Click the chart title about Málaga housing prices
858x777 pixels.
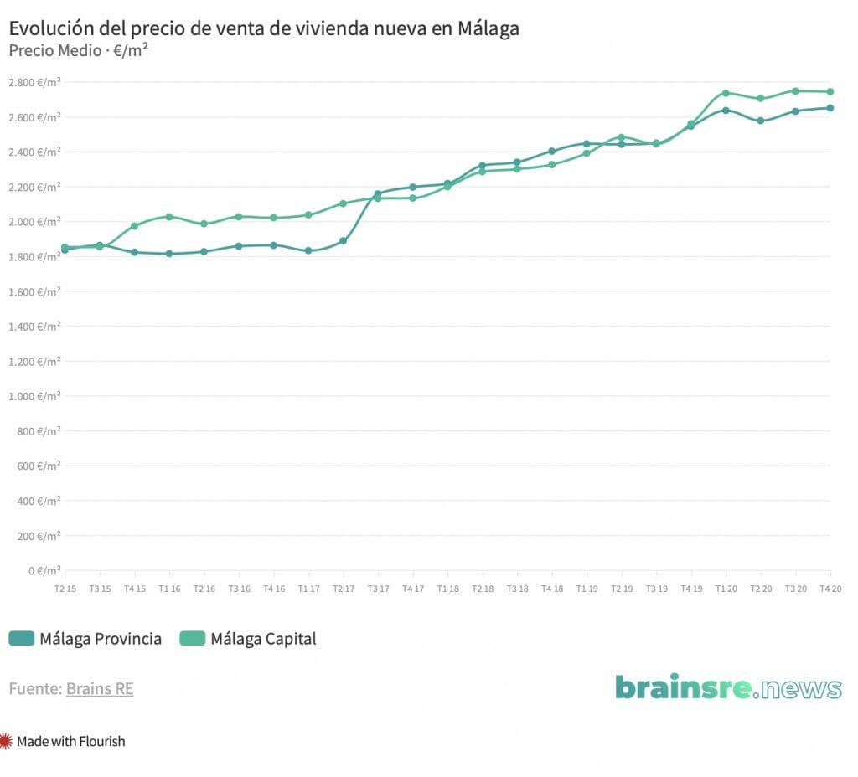click(x=264, y=28)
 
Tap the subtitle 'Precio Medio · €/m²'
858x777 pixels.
click(x=79, y=50)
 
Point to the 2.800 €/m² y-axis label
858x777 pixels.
click(x=34, y=82)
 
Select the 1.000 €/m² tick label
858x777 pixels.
click(x=34, y=396)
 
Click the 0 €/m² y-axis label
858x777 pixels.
click(x=44, y=571)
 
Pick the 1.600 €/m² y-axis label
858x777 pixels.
click(x=34, y=291)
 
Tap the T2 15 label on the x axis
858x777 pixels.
click(x=65, y=589)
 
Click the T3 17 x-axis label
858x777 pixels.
click(x=378, y=589)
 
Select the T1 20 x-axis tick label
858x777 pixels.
click(x=726, y=589)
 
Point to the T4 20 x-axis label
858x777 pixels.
click(x=830, y=589)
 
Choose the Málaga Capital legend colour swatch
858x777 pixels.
click(x=192, y=639)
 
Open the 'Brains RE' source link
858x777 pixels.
click(x=100, y=689)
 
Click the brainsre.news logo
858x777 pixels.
click(x=728, y=687)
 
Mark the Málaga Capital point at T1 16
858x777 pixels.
click(x=169, y=217)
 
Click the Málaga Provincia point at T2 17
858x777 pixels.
click(x=343, y=241)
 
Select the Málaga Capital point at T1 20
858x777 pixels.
click(x=726, y=93)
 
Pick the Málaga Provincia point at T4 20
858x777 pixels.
click(x=830, y=108)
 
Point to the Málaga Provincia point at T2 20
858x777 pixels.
click(x=760, y=121)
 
